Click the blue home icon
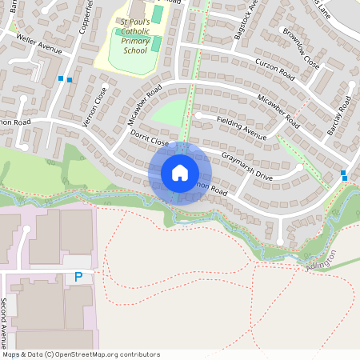tap(180, 173)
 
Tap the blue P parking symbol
tap(78, 277)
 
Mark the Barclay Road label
tap(340, 116)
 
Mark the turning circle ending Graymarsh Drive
tap(299, 168)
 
